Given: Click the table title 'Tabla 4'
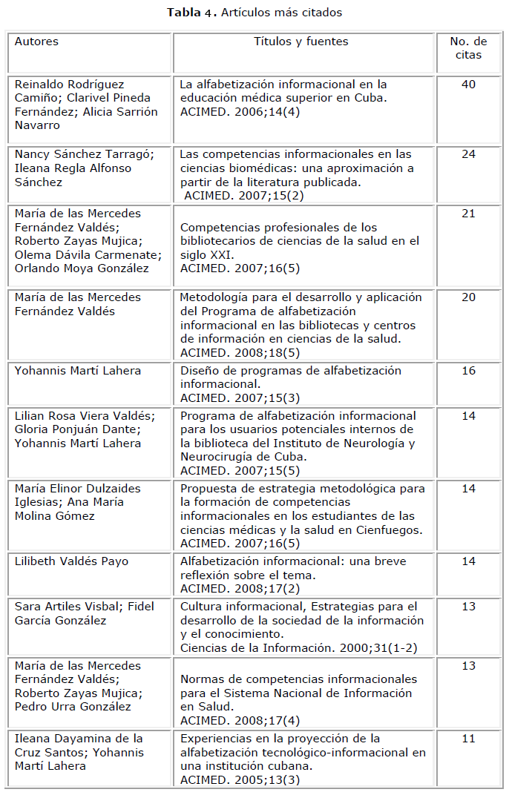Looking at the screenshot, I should pos(191,13).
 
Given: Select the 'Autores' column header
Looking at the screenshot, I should pos(36,42).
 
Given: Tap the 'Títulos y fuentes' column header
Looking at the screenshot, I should pos(301,42).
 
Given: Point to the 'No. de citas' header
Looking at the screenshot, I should pos(468,47).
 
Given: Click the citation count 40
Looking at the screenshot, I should pos(468,85).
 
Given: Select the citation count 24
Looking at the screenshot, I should pos(468,154).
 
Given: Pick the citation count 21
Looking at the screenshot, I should pos(468,214).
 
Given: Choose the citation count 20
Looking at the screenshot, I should pos(468,297).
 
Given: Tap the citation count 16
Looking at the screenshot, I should pos(468,371).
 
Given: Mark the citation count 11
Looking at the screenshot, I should pos(468,739).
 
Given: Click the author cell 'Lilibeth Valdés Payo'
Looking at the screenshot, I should pos(71,561).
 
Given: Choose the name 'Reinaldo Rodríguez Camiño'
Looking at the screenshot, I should pos(70,91).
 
